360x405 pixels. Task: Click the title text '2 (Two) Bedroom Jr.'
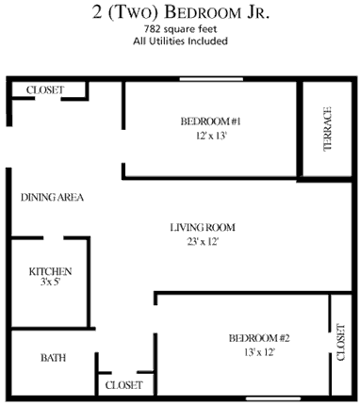pos(179,12)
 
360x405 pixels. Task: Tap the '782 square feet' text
pos(179,30)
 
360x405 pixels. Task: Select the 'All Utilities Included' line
pos(179,42)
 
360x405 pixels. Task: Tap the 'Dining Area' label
pos(53,198)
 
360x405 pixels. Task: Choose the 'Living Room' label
pos(202,227)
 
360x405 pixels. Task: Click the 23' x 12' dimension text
pos(202,242)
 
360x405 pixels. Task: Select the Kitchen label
pos(50,271)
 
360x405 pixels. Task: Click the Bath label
pos(52,358)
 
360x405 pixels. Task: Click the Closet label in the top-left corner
pos(44,89)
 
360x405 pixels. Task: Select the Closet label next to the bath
pos(123,385)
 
